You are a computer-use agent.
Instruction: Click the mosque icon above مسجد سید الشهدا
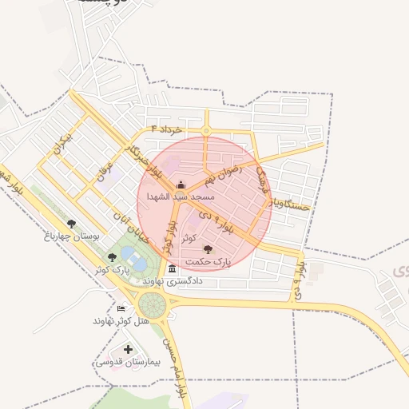tap(180, 185)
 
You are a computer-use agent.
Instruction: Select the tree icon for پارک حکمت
tap(208, 250)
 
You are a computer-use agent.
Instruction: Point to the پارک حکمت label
tap(207, 261)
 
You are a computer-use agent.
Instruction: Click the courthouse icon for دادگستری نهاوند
tap(173, 269)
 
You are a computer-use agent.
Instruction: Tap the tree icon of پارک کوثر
tap(112, 256)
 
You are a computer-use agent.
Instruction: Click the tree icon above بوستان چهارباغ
tap(72, 224)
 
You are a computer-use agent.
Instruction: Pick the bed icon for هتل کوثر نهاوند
tap(121, 309)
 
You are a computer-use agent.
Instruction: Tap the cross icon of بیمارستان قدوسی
tap(129, 350)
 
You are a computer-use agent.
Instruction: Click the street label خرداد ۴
tap(167, 129)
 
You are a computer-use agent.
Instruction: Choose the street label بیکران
tap(61, 145)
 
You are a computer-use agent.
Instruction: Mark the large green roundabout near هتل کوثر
tap(152, 304)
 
